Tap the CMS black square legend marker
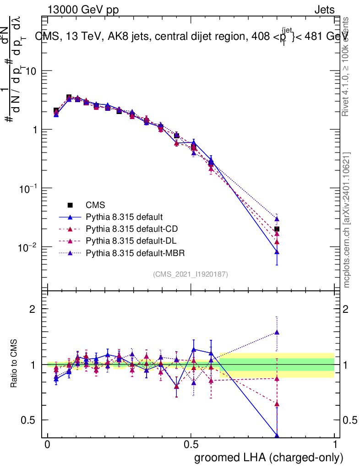coord(71,205)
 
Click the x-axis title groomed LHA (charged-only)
coord(269,457)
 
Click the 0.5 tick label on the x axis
coord(191,445)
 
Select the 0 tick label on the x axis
coord(47,445)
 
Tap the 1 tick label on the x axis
coord(335,445)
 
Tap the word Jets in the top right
coord(324,10)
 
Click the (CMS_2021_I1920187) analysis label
coord(191,274)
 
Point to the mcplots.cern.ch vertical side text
coord(347,220)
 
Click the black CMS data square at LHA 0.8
coord(277,229)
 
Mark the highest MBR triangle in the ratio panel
coord(277,333)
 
